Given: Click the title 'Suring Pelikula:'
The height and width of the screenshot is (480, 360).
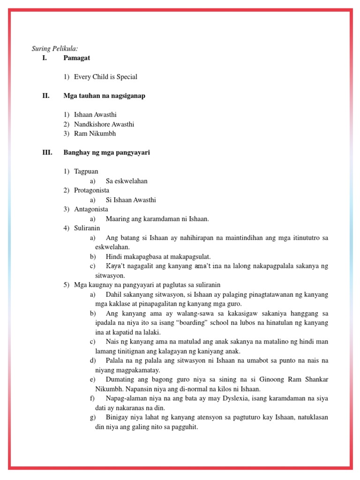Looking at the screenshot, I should [54, 48].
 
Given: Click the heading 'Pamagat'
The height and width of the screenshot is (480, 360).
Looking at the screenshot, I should [77, 58].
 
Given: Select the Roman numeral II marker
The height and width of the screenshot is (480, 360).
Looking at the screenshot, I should [45, 96].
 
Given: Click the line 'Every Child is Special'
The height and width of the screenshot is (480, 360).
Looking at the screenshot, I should [105, 77].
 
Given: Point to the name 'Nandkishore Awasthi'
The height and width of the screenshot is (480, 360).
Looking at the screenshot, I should [104, 124].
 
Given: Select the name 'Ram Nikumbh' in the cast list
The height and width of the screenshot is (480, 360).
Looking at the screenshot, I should [95, 134].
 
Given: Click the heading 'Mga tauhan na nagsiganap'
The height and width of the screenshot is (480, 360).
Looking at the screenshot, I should [104, 96].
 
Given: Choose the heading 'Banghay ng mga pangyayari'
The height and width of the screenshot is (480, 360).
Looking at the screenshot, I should [106, 153].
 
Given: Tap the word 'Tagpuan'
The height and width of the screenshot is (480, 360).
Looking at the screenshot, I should [86, 172].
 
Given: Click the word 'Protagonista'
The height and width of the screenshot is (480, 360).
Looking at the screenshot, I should [91, 190].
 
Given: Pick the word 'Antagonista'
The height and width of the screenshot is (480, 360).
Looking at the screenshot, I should [91, 209].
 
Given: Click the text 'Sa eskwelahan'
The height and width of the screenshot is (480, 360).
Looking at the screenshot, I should [127, 181].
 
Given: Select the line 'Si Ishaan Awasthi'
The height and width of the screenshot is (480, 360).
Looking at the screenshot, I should [131, 200].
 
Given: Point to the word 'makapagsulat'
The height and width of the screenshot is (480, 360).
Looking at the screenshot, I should [189, 256].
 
